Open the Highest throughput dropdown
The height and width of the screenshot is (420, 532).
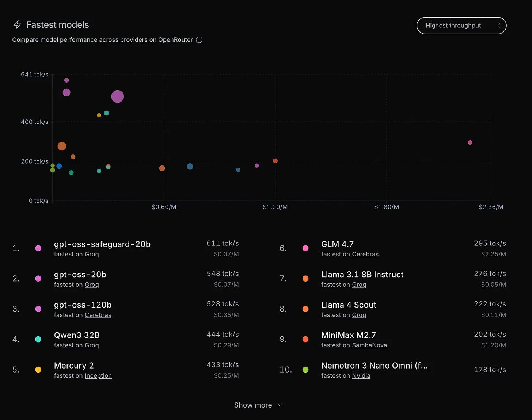[x=461, y=26]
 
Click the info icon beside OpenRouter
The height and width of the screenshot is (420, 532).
[x=199, y=40]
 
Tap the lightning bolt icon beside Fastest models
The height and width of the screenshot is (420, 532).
[x=17, y=24]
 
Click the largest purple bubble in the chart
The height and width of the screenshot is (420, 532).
[x=117, y=96]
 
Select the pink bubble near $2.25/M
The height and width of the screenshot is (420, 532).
[x=470, y=142]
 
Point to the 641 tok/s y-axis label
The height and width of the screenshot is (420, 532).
[x=35, y=74]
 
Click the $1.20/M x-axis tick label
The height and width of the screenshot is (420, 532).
[x=275, y=207]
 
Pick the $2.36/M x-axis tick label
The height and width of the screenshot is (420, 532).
[x=491, y=207]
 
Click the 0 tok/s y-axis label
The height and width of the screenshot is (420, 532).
[x=39, y=201]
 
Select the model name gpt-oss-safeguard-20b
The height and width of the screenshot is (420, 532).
[x=102, y=244]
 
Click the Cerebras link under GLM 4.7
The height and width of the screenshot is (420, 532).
[x=365, y=254]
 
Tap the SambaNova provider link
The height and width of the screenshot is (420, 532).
[x=369, y=345]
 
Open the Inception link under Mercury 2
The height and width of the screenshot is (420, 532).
[x=98, y=375]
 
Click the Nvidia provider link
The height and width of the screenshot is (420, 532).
[x=361, y=375]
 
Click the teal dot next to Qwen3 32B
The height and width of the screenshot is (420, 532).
[x=38, y=339]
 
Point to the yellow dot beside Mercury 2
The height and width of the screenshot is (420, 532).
[x=38, y=370]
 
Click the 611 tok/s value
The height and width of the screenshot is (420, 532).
[x=223, y=243]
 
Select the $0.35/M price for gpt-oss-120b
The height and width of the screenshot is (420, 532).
[x=226, y=315]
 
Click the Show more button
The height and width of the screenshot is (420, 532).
[x=258, y=405]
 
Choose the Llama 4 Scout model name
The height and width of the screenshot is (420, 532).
[x=349, y=305]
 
